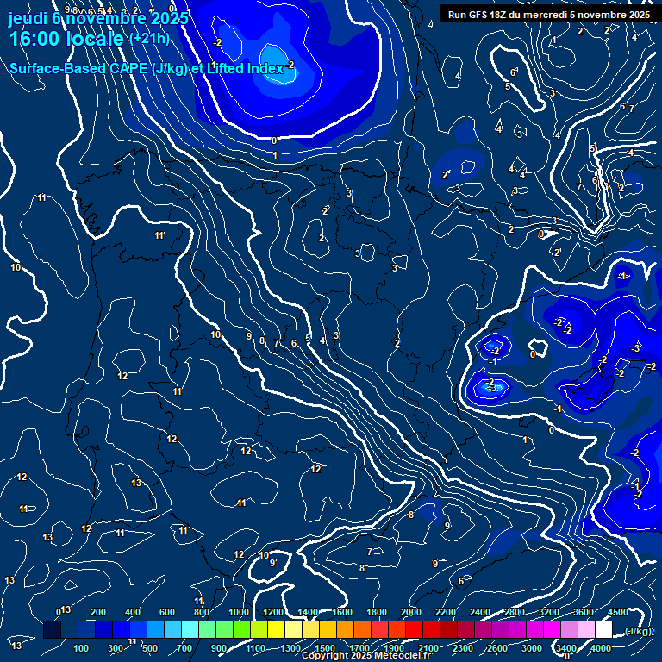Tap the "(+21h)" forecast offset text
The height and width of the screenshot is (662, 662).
[x=149, y=38]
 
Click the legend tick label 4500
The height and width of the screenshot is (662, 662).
[x=617, y=612]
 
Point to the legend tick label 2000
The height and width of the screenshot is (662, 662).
[x=411, y=612]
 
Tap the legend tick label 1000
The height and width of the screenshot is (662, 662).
[x=239, y=612]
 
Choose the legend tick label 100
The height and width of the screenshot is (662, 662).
[x=82, y=648]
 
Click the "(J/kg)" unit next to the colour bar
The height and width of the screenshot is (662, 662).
[x=639, y=631]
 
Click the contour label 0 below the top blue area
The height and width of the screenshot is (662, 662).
[x=274, y=141]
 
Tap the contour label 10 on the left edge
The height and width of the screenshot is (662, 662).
[x=16, y=268]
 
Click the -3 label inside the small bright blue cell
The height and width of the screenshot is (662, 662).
[x=491, y=389]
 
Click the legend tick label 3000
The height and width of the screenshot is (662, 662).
[x=532, y=648]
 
